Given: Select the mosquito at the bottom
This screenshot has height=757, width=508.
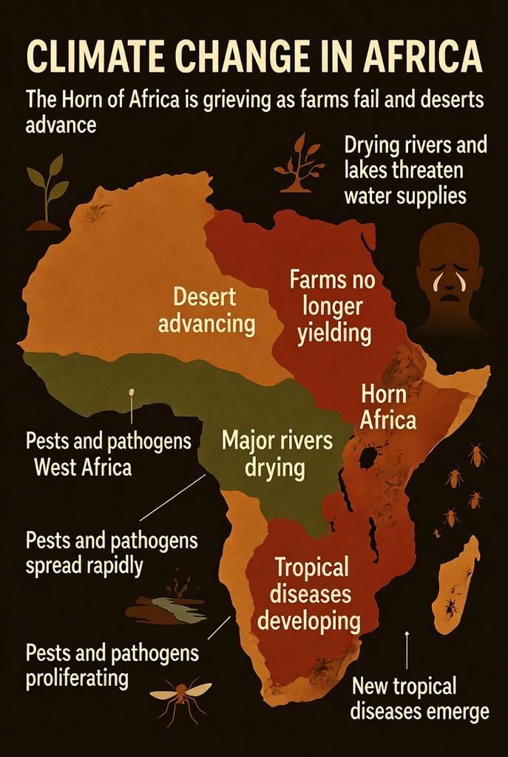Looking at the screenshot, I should click(x=180, y=696).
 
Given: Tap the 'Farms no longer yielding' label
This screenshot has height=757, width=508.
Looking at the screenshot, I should click(x=333, y=307).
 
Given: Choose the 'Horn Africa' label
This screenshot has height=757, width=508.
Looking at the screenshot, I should click(x=387, y=407).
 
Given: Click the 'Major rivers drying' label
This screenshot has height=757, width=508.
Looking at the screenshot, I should click(x=277, y=454).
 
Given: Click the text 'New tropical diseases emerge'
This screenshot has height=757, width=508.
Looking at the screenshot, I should click(x=419, y=698).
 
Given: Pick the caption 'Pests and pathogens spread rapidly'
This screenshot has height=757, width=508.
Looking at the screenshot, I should click(x=112, y=552).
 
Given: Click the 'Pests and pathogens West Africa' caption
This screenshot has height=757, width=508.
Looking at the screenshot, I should click(x=108, y=454).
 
